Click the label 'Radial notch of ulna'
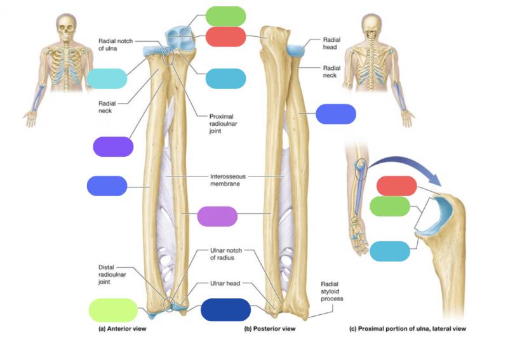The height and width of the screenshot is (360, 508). pyautogui.click(x=116, y=45)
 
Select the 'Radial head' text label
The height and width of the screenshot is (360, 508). pyautogui.click(x=331, y=43)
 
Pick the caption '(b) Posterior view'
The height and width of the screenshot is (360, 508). pyautogui.click(x=271, y=329)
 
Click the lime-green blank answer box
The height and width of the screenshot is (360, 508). pyautogui.click(x=114, y=309)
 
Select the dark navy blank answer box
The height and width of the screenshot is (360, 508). pyautogui.click(x=225, y=309)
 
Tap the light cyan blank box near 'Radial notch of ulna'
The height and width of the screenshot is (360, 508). pyautogui.click(x=107, y=78)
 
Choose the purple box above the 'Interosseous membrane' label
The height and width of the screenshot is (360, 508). pyautogui.click(x=113, y=147)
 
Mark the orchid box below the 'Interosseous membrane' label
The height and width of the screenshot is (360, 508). pyautogui.click(x=217, y=216)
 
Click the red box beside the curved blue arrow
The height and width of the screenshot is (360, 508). pyautogui.click(x=396, y=186)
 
